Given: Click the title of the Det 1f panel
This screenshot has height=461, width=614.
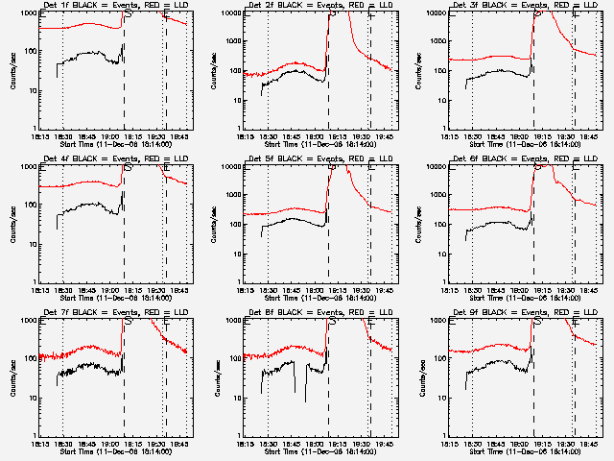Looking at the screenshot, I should click(x=116, y=6).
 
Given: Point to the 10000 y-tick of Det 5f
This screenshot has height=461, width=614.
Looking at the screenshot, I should click(x=229, y=167).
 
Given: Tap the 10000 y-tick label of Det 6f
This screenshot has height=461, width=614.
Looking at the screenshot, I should click(x=435, y=167).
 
